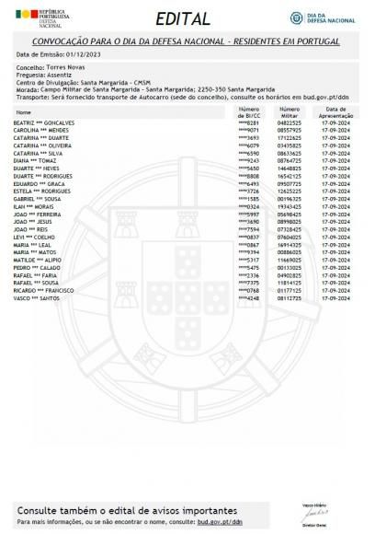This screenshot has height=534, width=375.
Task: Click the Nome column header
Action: coord(24,112)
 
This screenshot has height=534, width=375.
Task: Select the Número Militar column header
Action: coord(290,111)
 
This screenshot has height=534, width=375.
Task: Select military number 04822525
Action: coord(290,122)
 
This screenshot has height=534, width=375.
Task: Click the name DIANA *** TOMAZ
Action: coord(37,160)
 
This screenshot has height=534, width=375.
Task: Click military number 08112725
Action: coord(290,297)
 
